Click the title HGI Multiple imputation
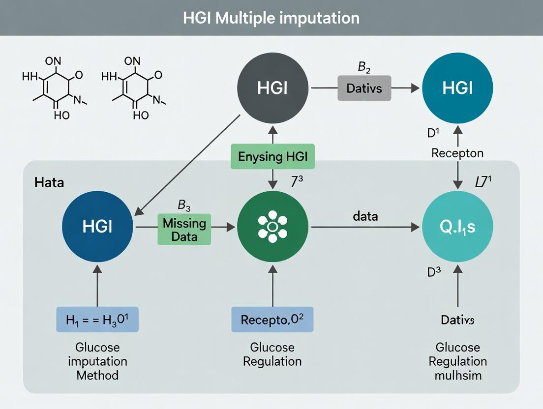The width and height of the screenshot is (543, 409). [271, 18]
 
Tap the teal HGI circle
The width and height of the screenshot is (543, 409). [457, 88]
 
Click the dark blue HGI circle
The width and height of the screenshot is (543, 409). [97, 227]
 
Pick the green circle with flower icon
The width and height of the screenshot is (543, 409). [272, 227]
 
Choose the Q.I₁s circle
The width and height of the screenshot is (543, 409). [457, 227]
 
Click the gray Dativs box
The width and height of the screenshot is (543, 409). [363, 88]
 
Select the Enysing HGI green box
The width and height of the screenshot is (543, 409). [272, 157]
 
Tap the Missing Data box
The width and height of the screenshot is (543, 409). [184, 229]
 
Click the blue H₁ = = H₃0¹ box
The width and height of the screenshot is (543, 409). [97, 320]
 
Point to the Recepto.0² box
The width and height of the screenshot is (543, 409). [272, 320]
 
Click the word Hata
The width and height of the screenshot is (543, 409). [49, 183]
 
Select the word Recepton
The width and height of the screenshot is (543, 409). [457, 153]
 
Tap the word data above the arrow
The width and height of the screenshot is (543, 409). [365, 216]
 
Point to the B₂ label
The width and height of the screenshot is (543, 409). [364, 67]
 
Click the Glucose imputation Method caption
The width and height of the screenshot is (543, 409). [97, 361]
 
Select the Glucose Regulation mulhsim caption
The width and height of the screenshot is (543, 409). [457, 361]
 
